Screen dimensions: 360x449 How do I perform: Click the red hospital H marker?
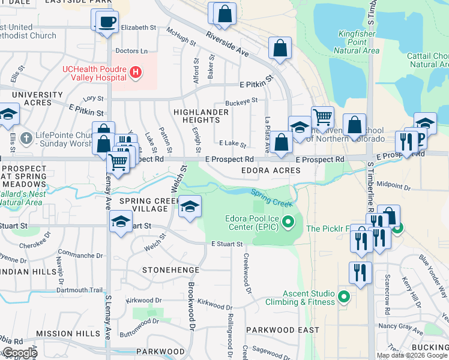click(136, 73)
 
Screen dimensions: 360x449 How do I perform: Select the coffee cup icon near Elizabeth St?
click(107, 22)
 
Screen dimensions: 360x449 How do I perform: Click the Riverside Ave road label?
click(226, 44)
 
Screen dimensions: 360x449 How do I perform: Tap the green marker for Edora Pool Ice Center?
click(289, 223)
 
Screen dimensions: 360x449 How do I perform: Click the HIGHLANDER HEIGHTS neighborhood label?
click(201, 116)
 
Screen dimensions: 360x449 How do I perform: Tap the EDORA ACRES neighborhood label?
click(270, 171)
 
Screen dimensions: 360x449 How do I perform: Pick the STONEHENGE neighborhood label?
click(165, 271)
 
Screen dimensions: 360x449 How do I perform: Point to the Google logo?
click(19, 353)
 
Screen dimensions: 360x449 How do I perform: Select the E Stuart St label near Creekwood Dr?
click(226, 244)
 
